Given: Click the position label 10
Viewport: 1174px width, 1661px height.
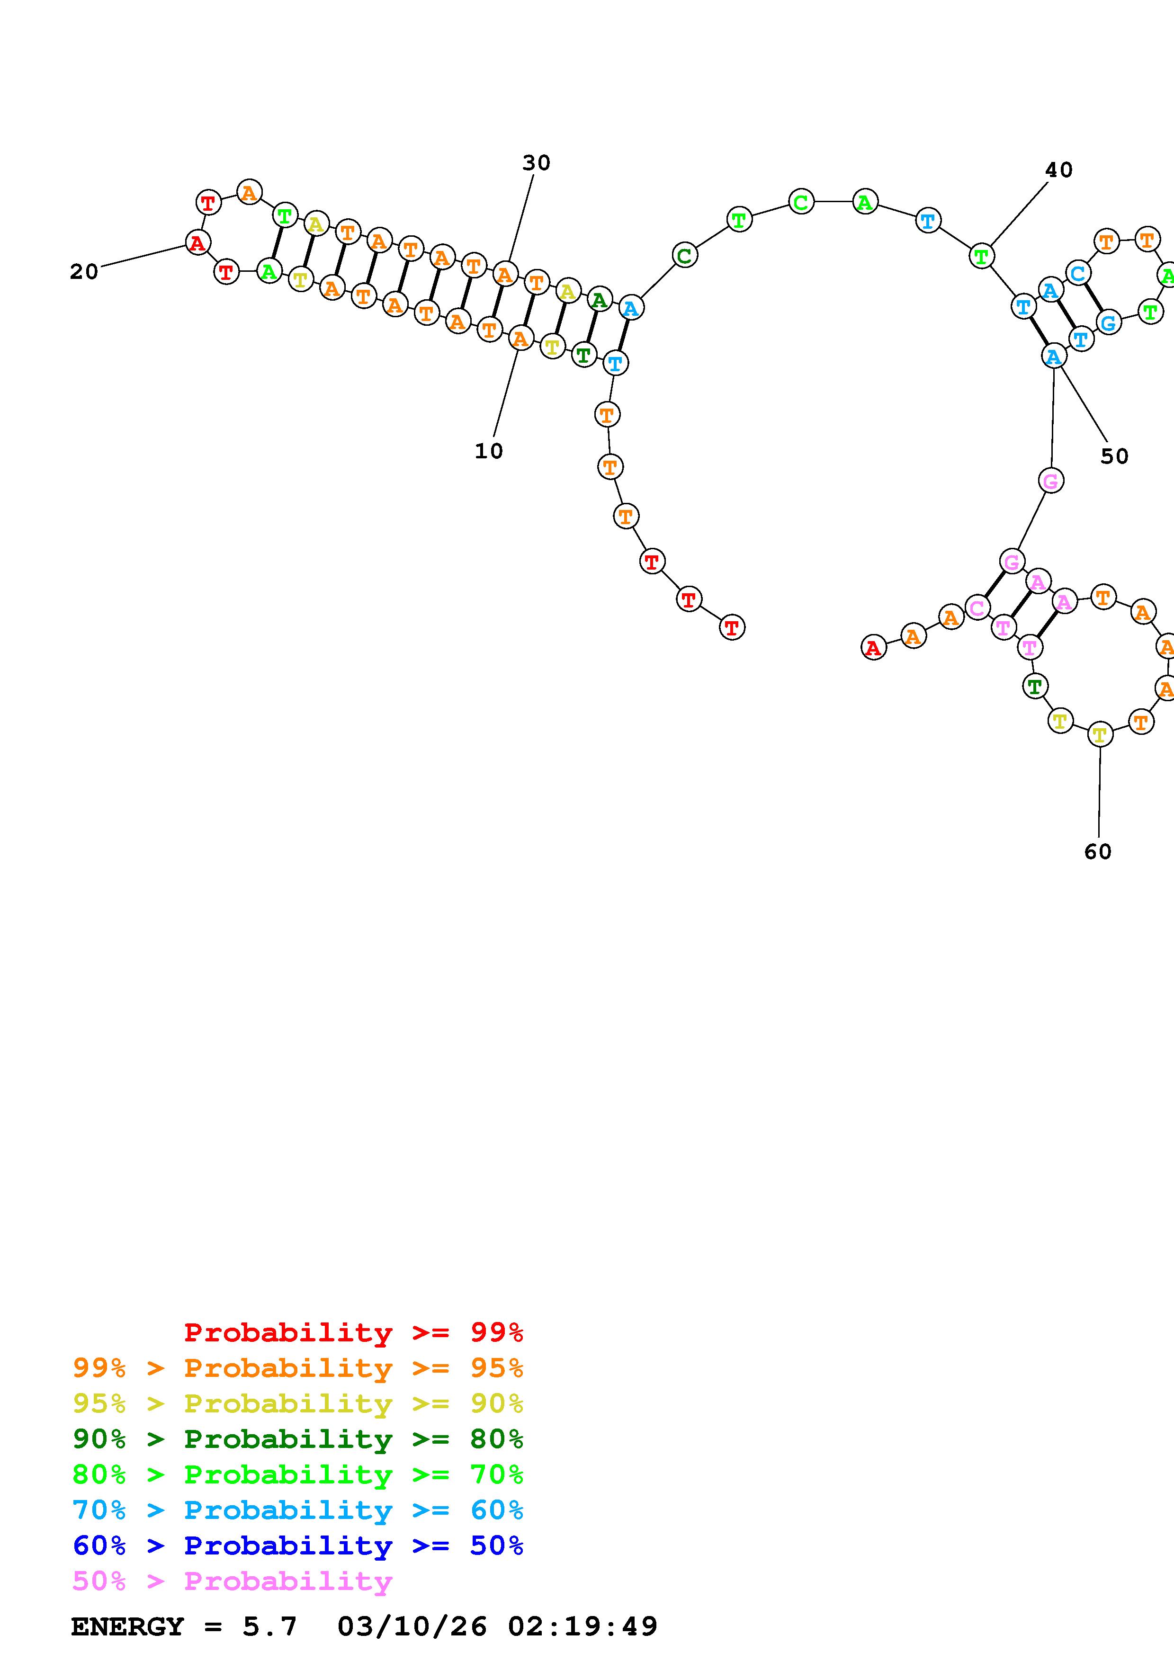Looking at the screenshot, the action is [x=488, y=451].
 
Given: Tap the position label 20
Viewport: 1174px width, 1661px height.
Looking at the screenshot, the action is [x=84, y=271].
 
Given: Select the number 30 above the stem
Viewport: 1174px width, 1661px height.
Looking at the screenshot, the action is [x=536, y=163].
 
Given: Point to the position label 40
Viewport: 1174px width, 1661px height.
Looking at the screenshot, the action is [x=1058, y=170].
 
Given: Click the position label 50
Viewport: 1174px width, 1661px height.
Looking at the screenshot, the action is [x=1114, y=456].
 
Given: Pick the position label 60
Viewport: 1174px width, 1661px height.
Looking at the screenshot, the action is [x=1097, y=851].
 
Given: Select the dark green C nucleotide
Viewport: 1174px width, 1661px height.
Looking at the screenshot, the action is [x=684, y=255].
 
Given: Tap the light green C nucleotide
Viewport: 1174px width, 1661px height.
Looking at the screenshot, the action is [x=801, y=202].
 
